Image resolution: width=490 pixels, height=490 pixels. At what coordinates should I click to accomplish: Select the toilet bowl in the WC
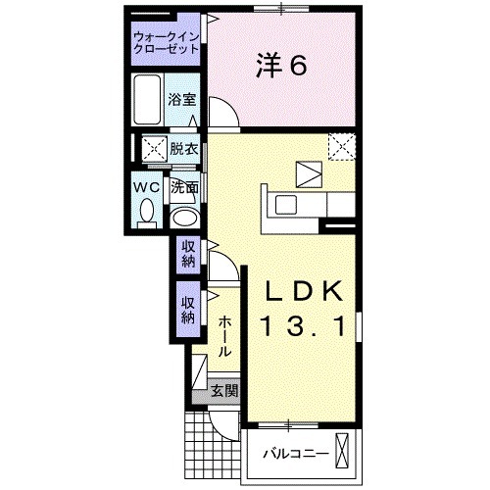tap(147, 210)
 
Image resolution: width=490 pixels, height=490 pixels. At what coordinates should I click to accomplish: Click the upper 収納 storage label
tap(188, 254)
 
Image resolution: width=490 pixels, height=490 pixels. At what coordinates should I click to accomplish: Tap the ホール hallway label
tap(224, 335)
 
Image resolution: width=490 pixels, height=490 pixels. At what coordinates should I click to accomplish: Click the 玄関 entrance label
tap(223, 391)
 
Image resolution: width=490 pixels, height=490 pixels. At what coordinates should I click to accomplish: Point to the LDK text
tap(302, 291)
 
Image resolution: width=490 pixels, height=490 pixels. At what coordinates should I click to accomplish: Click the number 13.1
tap(302, 326)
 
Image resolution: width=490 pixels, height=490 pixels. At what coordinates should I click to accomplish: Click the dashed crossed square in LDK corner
tap(340, 147)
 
